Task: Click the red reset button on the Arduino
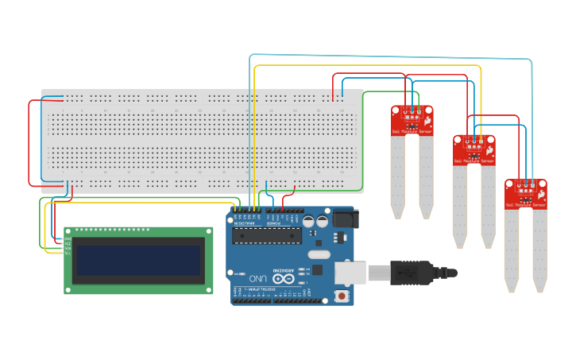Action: click(x=342, y=296)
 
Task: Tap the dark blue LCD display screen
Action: click(x=138, y=260)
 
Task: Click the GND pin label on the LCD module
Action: click(x=69, y=238)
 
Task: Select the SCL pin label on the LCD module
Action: click(x=69, y=253)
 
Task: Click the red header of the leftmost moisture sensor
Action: click(x=412, y=120)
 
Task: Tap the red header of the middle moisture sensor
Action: click(x=474, y=149)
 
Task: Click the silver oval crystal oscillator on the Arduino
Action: click(x=316, y=255)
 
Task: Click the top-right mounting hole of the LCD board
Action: click(x=209, y=231)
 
